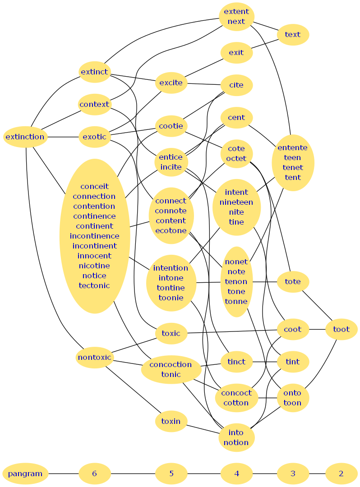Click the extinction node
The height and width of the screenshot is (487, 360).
(25, 137)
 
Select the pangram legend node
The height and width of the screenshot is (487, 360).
(25, 473)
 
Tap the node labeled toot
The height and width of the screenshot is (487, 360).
(341, 329)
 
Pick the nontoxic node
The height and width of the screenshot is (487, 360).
(94, 358)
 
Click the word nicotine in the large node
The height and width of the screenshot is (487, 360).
(94, 266)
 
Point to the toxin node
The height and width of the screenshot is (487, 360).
(171, 421)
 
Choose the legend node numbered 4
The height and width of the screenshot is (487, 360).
(236, 473)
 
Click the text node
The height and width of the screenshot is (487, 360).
(292, 34)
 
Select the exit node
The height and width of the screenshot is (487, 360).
(236, 52)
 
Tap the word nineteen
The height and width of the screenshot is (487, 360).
(236, 202)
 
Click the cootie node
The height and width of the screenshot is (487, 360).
(171, 126)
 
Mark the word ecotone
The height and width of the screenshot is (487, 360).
(171, 230)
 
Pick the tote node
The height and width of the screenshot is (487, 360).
(292, 281)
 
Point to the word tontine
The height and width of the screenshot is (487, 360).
(171, 288)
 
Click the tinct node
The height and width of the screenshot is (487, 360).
(236, 362)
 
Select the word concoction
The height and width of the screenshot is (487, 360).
(171, 364)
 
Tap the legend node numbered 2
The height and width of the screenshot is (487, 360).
(341, 473)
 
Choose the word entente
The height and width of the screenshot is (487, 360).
(292, 147)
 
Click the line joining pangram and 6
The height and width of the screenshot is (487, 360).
(63, 473)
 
